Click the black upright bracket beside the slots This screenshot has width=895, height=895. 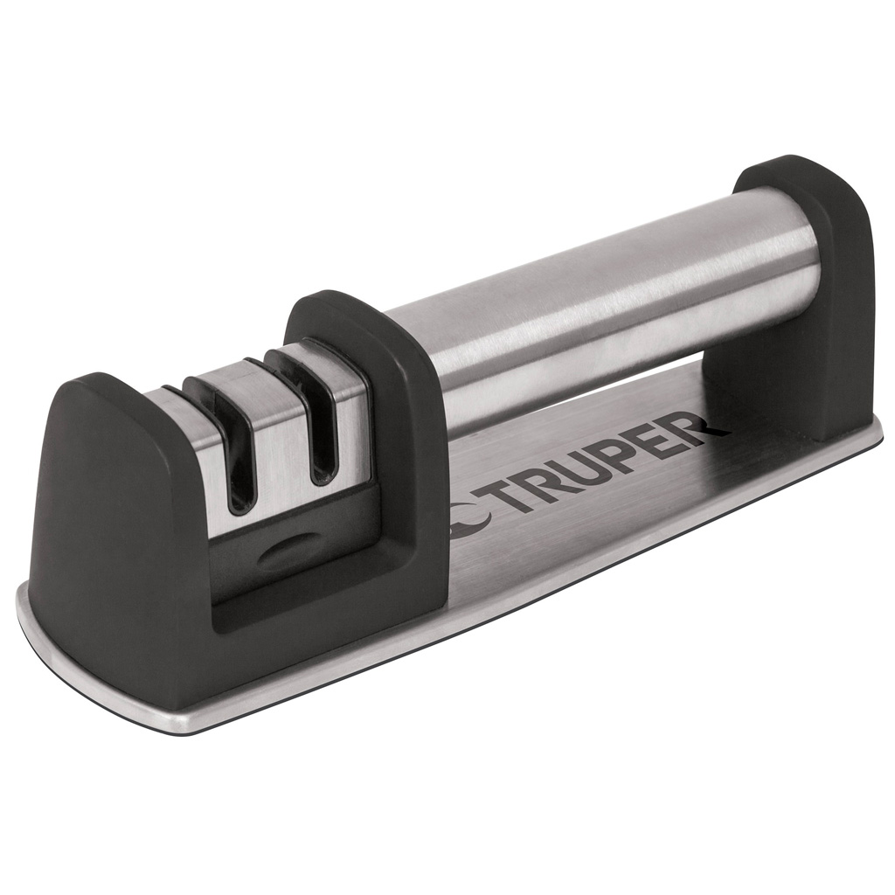411,454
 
